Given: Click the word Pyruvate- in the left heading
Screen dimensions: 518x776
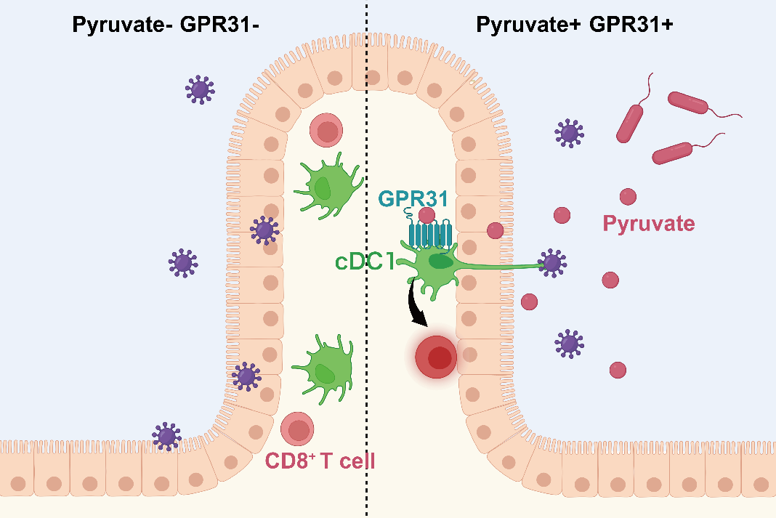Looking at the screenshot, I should [x=121, y=25].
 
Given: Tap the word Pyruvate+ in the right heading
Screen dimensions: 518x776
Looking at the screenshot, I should [x=528, y=25].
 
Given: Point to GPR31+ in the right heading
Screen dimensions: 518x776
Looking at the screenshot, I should [x=631, y=25].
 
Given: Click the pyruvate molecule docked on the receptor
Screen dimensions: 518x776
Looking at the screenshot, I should [x=427, y=216].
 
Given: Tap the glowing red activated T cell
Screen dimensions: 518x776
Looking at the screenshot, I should [x=436, y=357].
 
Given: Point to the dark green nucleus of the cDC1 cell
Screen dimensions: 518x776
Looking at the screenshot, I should [x=438, y=260].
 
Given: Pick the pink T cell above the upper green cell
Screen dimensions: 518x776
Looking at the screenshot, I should [x=326, y=131].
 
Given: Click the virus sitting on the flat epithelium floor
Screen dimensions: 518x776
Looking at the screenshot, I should [x=166, y=435].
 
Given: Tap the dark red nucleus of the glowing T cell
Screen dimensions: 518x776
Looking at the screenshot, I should [x=439, y=357].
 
